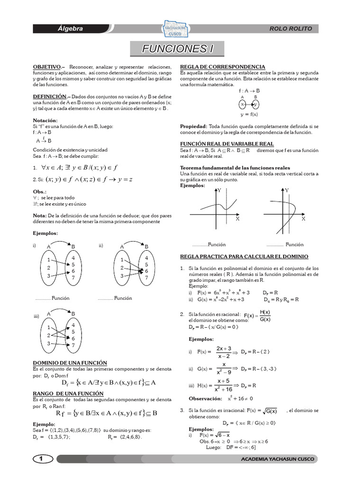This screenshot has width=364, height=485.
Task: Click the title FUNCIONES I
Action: point(175,49)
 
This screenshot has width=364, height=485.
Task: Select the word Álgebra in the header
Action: point(70,29)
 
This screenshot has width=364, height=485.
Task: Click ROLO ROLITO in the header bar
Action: point(291,29)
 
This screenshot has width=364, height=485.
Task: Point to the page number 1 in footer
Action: point(42,459)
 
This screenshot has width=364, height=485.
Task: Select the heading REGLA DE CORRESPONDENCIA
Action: point(222,67)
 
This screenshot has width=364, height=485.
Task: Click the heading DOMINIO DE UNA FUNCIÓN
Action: point(70,362)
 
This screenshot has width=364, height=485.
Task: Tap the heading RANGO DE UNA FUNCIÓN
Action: point(68,394)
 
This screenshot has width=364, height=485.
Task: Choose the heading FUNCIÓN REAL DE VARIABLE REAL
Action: point(227,144)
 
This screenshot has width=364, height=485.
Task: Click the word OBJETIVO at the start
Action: point(46,67)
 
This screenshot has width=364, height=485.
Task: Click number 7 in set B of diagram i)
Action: point(73,278)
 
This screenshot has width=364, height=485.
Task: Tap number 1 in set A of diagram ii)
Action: point(122,260)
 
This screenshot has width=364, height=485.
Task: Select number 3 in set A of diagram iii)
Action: point(49,343)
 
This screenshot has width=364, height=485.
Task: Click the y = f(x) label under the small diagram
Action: point(248,114)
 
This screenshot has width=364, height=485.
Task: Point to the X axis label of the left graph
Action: point(237,219)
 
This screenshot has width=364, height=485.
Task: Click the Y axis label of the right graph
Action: point(287,190)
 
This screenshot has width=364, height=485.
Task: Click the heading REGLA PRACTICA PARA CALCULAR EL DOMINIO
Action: point(244,256)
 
